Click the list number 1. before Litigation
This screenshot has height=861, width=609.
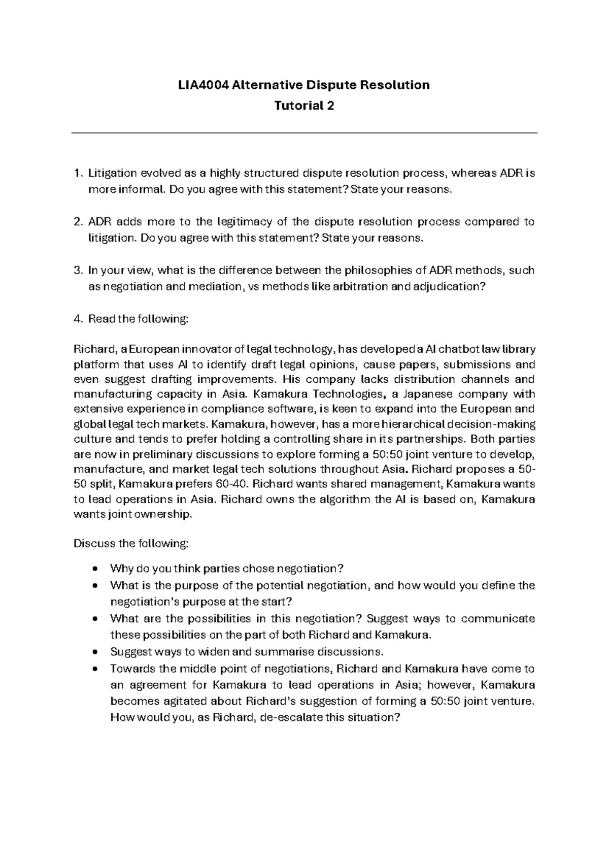tap(77, 174)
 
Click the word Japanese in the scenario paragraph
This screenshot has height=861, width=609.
tap(419, 394)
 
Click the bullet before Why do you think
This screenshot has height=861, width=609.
tap(95, 569)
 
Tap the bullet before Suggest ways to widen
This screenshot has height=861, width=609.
tap(95, 652)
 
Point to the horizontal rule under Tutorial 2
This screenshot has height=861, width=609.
tap(304, 133)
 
